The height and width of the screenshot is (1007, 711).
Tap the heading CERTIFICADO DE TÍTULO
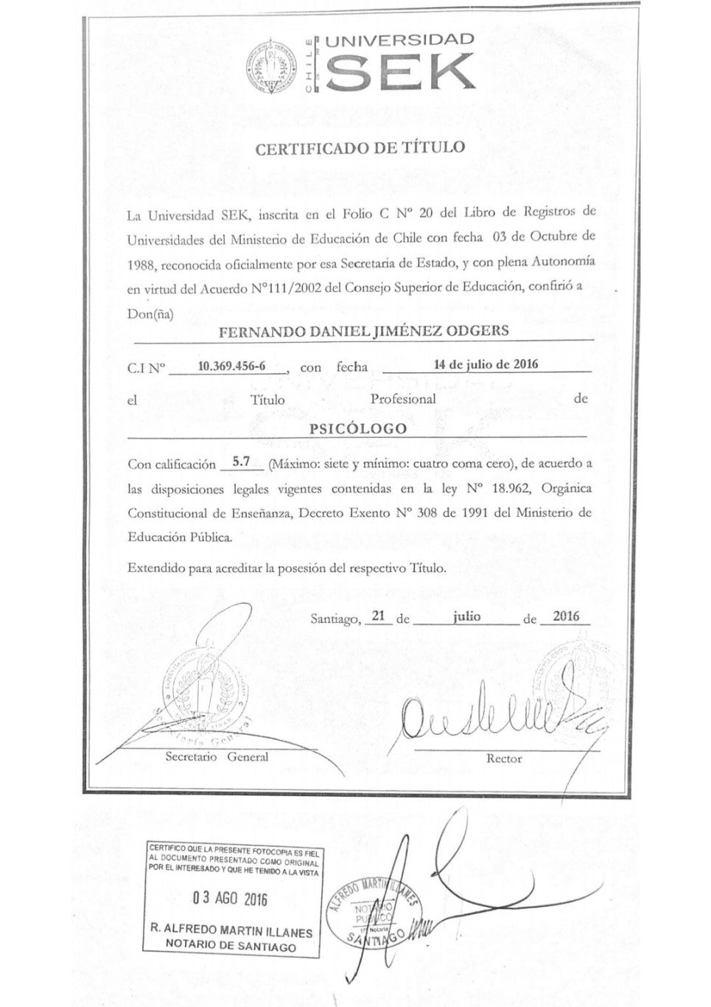click(x=360, y=147)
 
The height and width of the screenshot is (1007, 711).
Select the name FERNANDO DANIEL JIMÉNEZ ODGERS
click(x=364, y=330)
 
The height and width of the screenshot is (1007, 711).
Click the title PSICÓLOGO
click(x=358, y=428)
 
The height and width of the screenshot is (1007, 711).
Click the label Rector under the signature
click(x=504, y=759)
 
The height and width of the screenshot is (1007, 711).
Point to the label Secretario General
click(x=217, y=756)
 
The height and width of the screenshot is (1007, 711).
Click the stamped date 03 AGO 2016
click(x=230, y=899)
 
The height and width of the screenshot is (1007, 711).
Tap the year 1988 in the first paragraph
click(x=141, y=263)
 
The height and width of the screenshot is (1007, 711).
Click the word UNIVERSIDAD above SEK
click(x=400, y=40)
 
